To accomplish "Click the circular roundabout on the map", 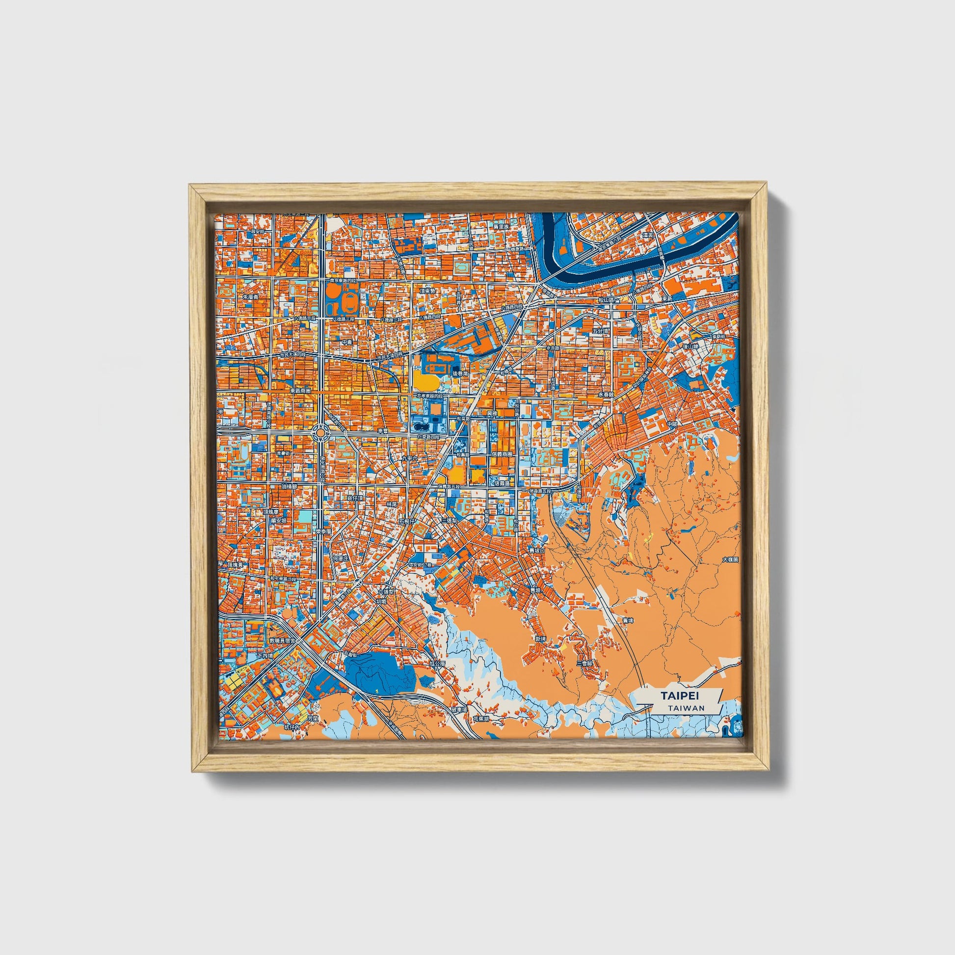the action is pos(320,433).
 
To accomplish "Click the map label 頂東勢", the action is pos(427,292).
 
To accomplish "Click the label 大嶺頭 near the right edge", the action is pos(730,560).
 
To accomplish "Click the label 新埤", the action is pos(540,638).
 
